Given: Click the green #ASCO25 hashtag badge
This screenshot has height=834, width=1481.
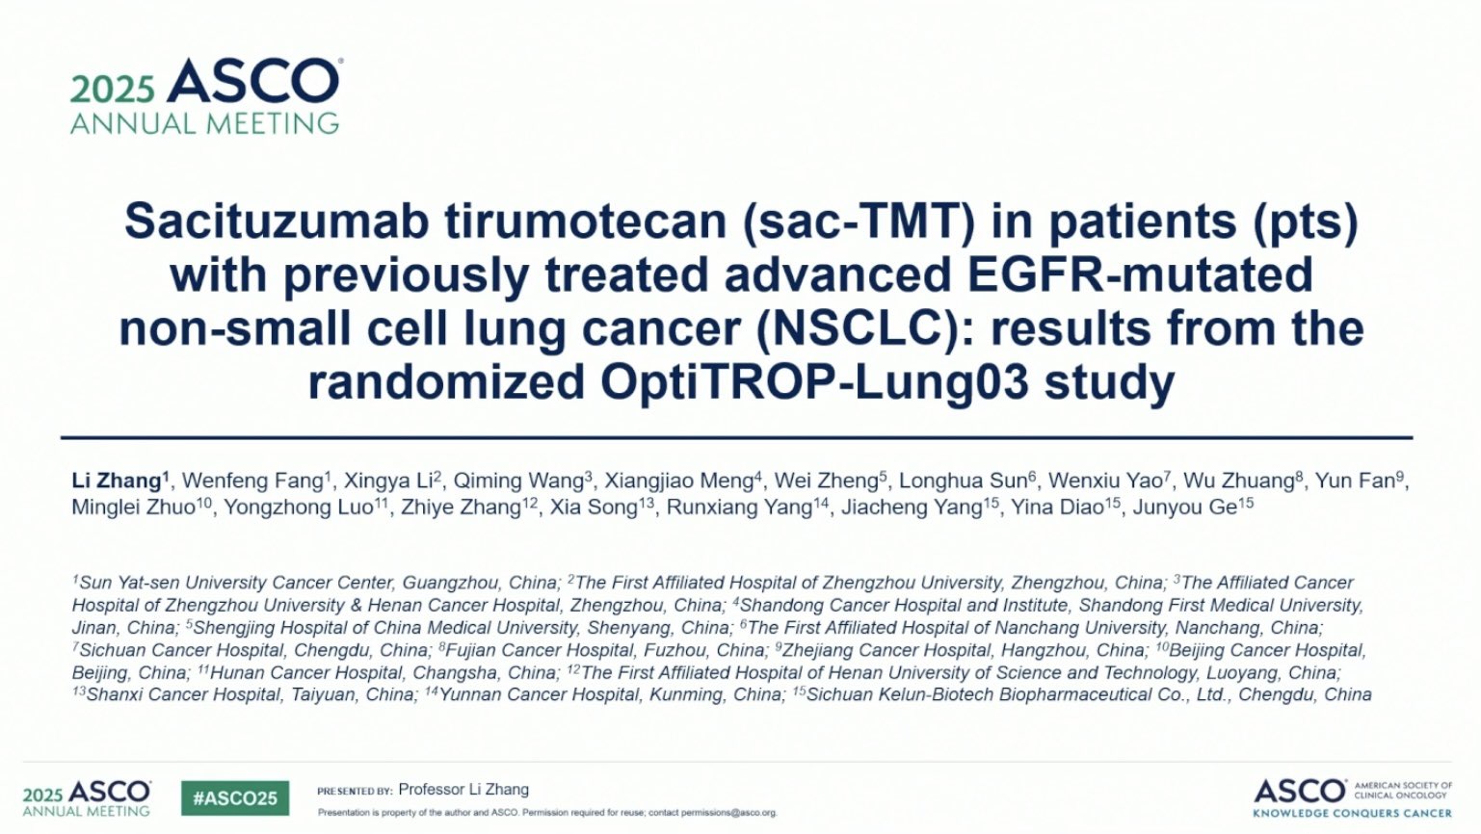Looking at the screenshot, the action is [x=235, y=798].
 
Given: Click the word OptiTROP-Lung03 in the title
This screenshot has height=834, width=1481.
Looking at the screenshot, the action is [x=814, y=382].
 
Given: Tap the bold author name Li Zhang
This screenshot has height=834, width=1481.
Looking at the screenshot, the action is [x=118, y=482].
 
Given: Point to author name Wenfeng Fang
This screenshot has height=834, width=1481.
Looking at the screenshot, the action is [x=252, y=482].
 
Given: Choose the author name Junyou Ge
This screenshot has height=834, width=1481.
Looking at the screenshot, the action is [x=1185, y=508].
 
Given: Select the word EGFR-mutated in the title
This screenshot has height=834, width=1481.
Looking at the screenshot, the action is [x=1140, y=274].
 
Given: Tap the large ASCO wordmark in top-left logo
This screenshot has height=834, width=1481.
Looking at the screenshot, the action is [x=253, y=81].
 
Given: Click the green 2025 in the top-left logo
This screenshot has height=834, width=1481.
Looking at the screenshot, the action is [x=113, y=90].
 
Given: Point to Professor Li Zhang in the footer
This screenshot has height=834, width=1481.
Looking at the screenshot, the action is [x=463, y=790].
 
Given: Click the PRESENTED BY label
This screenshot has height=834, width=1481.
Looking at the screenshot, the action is [x=355, y=791].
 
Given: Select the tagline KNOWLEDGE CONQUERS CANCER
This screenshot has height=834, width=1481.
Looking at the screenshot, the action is [x=1352, y=812].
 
